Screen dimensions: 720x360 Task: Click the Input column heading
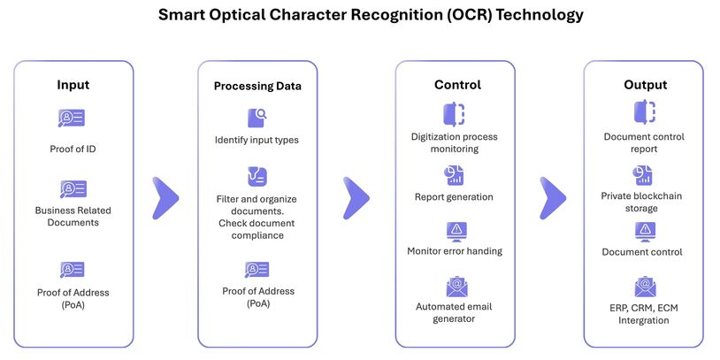pyautogui.click(x=73, y=85)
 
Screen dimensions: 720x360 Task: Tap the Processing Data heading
pyautogui.click(x=257, y=87)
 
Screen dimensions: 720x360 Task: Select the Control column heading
pyautogui.click(x=457, y=85)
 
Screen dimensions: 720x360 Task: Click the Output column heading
pyautogui.click(x=645, y=85)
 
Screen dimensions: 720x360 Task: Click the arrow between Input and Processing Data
pyautogui.click(x=165, y=198)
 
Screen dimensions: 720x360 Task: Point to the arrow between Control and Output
pyautogui.click(x=553, y=198)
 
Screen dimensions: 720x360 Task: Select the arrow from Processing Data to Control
pyautogui.click(x=356, y=198)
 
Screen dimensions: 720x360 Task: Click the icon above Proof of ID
pyautogui.click(x=72, y=118)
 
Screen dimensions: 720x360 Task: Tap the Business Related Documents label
pyautogui.click(x=73, y=217)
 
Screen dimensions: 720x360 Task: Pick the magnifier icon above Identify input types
pyautogui.click(x=257, y=118)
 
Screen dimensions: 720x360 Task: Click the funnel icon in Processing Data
pyautogui.click(x=257, y=177)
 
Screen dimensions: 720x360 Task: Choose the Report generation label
pyautogui.click(x=454, y=197)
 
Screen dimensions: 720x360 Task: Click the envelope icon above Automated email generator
pyautogui.click(x=457, y=287)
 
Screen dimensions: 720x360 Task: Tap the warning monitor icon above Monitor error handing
pyautogui.click(x=457, y=233)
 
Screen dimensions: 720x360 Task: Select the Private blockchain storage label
pyautogui.click(x=642, y=202)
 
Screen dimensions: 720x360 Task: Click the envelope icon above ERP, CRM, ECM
pyautogui.click(x=645, y=287)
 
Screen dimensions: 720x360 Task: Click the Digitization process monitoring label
pyautogui.click(x=454, y=142)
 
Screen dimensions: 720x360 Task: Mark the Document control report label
pyautogui.click(x=644, y=142)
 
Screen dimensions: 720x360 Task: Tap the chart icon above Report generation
pyautogui.click(x=454, y=175)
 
